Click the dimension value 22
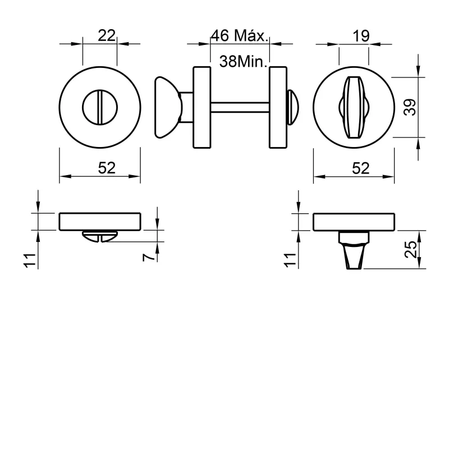coord(107,35)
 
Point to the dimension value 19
coord(361,36)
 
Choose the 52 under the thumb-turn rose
coord(361,167)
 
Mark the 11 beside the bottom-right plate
coord(290,259)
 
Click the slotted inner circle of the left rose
coord(100,107)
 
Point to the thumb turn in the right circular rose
coord(354,107)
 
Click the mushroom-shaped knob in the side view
coord(165,107)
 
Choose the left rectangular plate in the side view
coord(201,107)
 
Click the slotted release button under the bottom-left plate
coord(99,236)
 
